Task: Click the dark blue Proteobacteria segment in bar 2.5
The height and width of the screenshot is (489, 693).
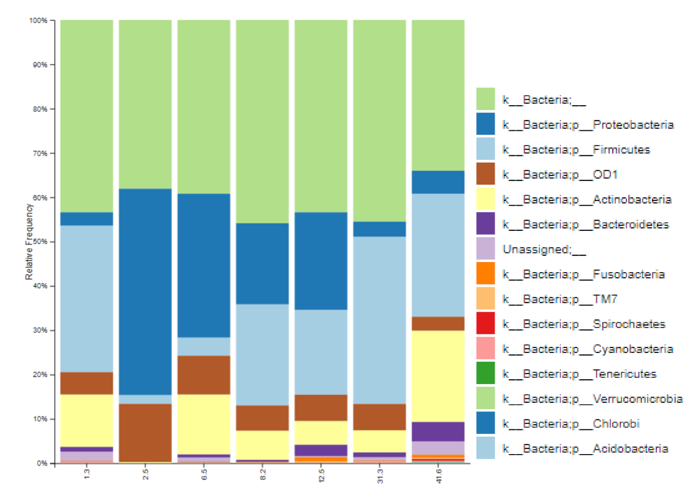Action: pyautogui.click(x=145, y=291)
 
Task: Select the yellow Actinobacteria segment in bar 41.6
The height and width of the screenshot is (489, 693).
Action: pyautogui.click(x=438, y=376)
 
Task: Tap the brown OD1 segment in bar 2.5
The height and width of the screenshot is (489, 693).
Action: pyautogui.click(x=145, y=433)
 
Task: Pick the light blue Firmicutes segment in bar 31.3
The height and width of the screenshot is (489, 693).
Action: pyautogui.click(x=379, y=320)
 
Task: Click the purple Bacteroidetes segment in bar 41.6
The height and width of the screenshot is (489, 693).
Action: pyautogui.click(x=438, y=431)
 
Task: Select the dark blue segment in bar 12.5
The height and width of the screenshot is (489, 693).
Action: pyautogui.click(x=321, y=261)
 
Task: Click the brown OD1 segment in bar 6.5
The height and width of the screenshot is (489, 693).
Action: pyautogui.click(x=203, y=374)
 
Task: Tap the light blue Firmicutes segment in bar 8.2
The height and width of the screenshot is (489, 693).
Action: pyautogui.click(x=262, y=354)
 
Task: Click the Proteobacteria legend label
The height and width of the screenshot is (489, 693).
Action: pyautogui.click(x=588, y=125)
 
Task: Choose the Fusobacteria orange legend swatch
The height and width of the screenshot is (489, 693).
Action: pyautogui.click(x=485, y=273)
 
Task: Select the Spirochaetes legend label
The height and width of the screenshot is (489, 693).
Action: pyautogui.click(x=584, y=324)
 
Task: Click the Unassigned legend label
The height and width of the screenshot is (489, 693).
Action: pyautogui.click(x=544, y=250)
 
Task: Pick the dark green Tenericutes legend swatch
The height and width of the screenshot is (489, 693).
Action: pyautogui.click(x=485, y=373)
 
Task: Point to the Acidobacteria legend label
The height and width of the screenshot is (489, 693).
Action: pyautogui.click(x=585, y=449)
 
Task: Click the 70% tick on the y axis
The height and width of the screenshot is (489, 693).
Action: pyautogui.click(x=52, y=153)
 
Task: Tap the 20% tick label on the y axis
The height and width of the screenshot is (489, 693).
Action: pyautogui.click(x=40, y=374)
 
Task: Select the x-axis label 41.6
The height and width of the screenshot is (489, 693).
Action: pyautogui.click(x=439, y=476)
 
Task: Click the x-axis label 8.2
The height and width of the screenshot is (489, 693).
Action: pyautogui.click(x=263, y=474)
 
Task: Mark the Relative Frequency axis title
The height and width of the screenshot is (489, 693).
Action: pyautogui.click(x=29, y=241)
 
